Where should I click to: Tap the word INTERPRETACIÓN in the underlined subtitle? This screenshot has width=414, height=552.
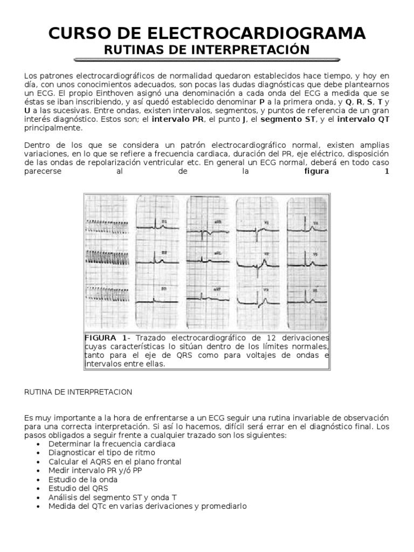click(x=256, y=50)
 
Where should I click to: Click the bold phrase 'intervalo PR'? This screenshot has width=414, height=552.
click(x=178, y=119)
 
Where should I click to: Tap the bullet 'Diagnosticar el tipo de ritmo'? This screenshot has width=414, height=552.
click(x=98, y=453)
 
